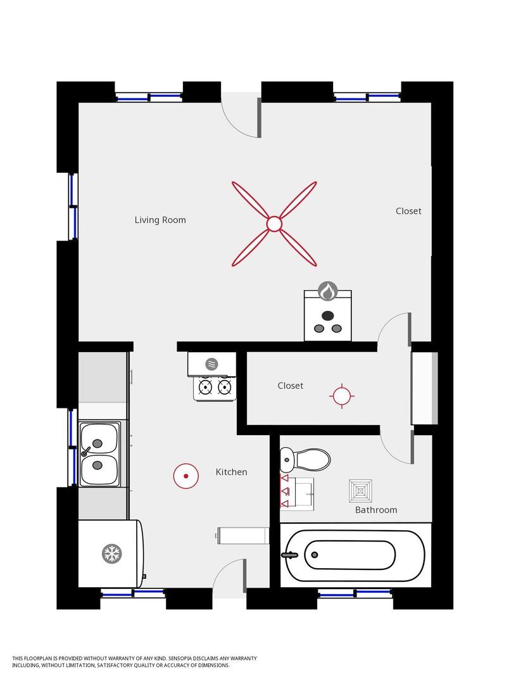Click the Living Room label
coord(160,220)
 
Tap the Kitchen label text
coord(231,472)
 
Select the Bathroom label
coord(376,510)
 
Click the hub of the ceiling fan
coord(274,224)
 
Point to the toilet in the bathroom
coord(305,459)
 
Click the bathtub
coord(355,555)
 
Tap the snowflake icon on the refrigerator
coord(112,554)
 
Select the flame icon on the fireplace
coord(327,291)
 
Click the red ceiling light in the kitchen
coord(186,476)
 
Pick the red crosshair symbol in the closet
coord(342,396)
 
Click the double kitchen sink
coord(99,453)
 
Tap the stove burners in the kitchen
coord(215,386)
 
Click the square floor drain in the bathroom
coord(361,491)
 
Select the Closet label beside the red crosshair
coord(291,386)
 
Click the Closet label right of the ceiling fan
coord(408,211)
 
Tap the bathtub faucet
coord(289,555)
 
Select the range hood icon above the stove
coord(211,364)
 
